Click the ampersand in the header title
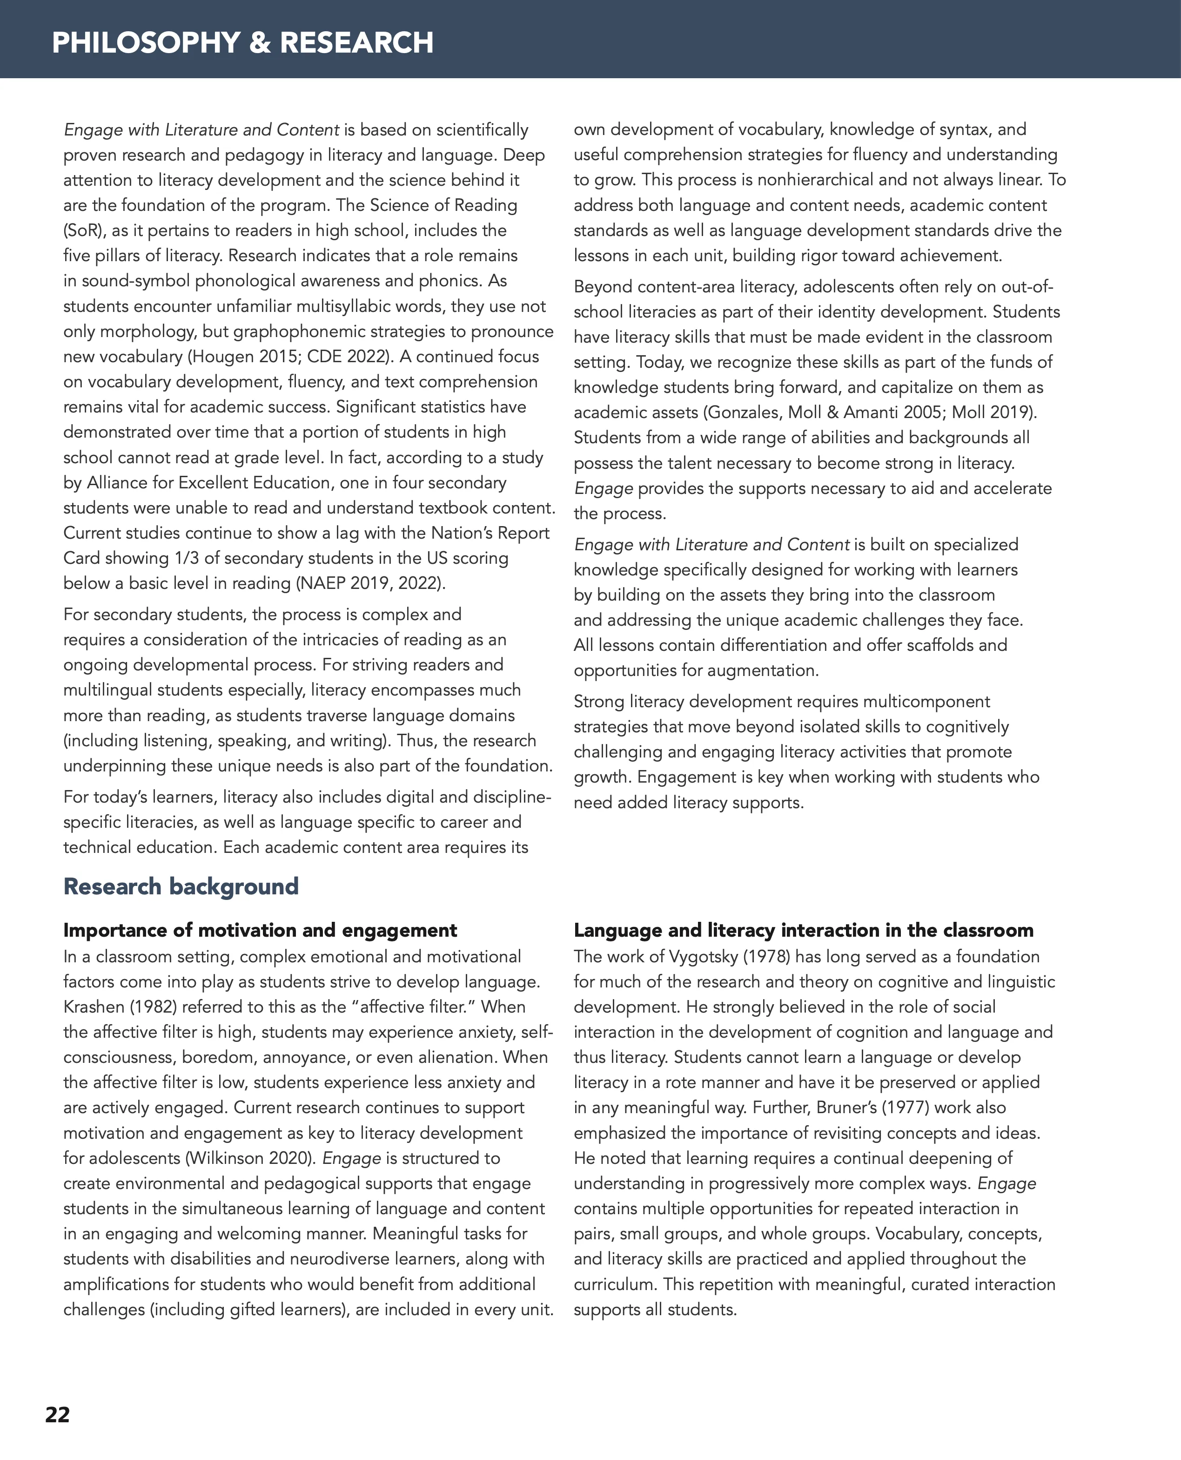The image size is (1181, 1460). [x=258, y=43]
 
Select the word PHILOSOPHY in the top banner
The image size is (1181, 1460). [x=145, y=43]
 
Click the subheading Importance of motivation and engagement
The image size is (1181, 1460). [x=260, y=931]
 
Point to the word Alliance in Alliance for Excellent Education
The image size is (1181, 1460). [x=120, y=483]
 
